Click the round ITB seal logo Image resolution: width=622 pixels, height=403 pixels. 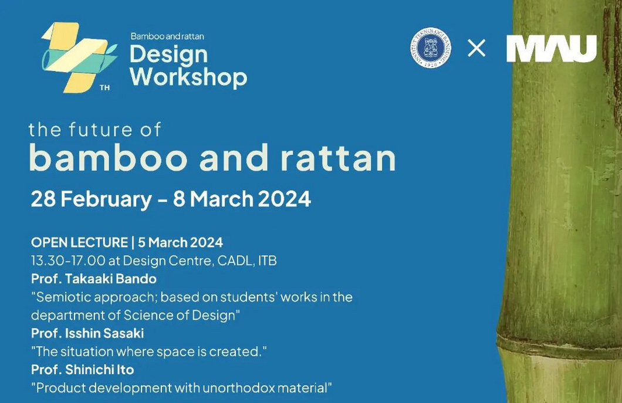pyautogui.click(x=430, y=48)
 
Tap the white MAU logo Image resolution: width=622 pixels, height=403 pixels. pyautogui.click(x=552, y=48)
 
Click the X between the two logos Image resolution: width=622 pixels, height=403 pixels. pyautogui.click(x=476, y=48)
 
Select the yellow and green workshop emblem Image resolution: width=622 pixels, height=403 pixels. pyautogui.click(x=79, y=57)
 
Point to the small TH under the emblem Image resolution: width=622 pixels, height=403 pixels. pyautogui.click(x=104, y=87)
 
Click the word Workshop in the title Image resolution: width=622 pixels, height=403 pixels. pyautogui.click(x=188, y=77)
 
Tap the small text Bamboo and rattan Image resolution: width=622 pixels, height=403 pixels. pyautogui.click(x=167, y=36)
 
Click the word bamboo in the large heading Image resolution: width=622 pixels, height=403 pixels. pyautogui.click(x=108, y=157)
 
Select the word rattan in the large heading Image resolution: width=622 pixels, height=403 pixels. pyautogui.click(x=338, y=158)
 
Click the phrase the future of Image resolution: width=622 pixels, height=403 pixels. pyautogui.click(x=95, y=130)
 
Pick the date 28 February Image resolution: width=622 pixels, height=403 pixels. pyautogui.click(x=91, y=199)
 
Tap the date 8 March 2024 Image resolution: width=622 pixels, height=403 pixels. pyautogui.click(x=242, y=199)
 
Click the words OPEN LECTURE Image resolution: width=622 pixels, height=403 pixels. pyautogui.click(x=79, y=242)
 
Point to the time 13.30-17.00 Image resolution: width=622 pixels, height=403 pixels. pyautogui.click(x=68, y=260)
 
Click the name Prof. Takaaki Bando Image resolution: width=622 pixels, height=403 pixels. pyautogui.click(x=94, y=279)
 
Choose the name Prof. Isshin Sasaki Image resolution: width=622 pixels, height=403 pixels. pyautogui.click(x=87, y=333)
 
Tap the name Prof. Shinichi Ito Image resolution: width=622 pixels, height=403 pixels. pyautogui.click(x=83, y=370)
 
